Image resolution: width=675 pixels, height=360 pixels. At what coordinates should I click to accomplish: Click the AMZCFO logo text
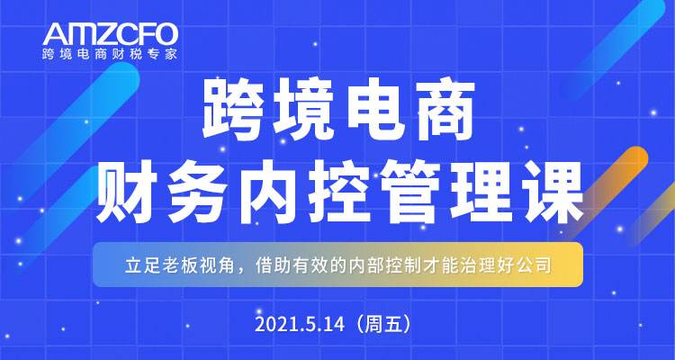[x=110, y=34]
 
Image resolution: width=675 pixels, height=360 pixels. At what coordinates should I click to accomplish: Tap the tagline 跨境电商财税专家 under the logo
[x=110, y=54]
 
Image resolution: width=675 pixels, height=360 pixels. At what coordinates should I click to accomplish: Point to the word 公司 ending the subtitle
[x=535, y=266]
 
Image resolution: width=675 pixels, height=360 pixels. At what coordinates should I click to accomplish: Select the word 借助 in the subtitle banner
[x=272, y=266]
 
